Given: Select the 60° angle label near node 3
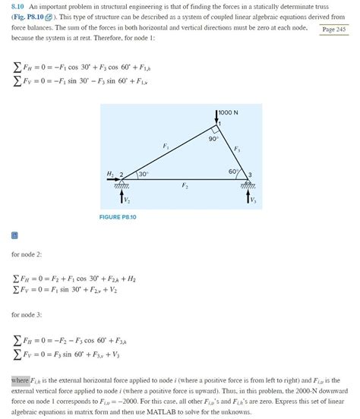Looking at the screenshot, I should click(232, 172).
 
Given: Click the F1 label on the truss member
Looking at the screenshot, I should click(166, 145).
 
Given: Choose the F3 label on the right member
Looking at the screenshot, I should click(238, 148).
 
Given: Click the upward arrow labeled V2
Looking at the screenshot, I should click(122, 197).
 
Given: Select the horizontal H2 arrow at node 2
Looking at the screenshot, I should click(112, 180).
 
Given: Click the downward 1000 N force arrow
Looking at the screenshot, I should click(217, 116).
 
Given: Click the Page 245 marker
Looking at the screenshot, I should click(334, 29).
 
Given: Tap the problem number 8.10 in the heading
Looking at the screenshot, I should click(18, 7).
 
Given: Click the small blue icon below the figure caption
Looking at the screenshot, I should click(14, 235).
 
